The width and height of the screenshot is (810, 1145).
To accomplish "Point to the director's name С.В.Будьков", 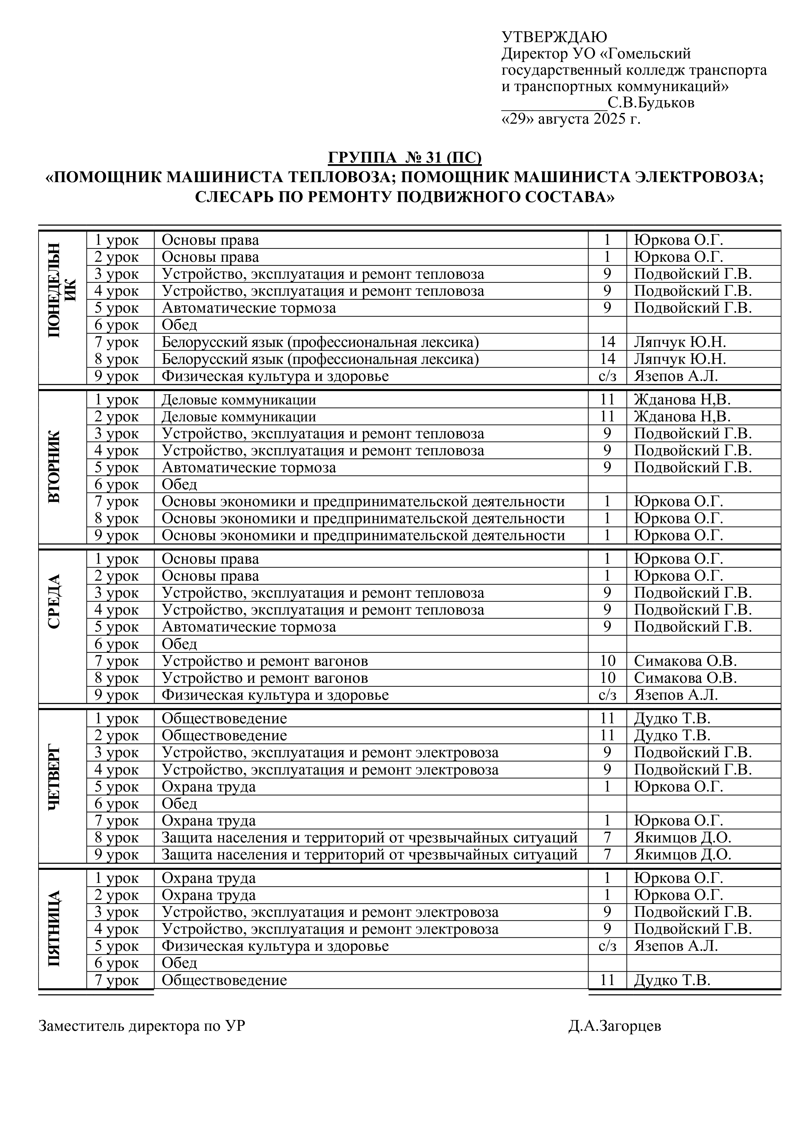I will point(651,103).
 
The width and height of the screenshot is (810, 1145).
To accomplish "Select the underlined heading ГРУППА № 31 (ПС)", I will point(405,158).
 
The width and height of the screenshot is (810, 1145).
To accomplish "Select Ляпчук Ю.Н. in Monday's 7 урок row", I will point(680,342).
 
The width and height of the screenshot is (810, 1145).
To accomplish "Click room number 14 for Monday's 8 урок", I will point(607,359).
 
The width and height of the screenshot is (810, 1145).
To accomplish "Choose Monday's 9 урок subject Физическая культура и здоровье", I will point(275,376).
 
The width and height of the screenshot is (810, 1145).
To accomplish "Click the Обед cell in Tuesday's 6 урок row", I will point(180,484).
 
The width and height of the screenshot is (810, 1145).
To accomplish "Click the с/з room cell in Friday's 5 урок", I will point(607,946).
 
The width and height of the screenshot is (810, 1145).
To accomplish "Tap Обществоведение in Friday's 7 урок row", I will point(224,980).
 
